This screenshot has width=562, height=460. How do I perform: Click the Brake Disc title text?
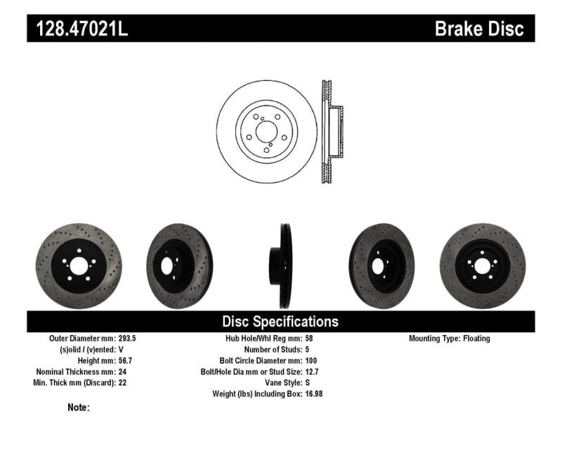(479, 29)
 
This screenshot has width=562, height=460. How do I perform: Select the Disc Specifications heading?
(280, 322)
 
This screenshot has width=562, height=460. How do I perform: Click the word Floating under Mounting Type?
(477, 339)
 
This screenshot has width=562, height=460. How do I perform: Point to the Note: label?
(79, 407)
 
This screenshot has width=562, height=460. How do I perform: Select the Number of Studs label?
(273, 350)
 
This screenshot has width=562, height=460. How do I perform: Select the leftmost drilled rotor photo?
(78, 265)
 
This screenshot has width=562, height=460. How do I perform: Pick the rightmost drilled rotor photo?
(482, 265)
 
